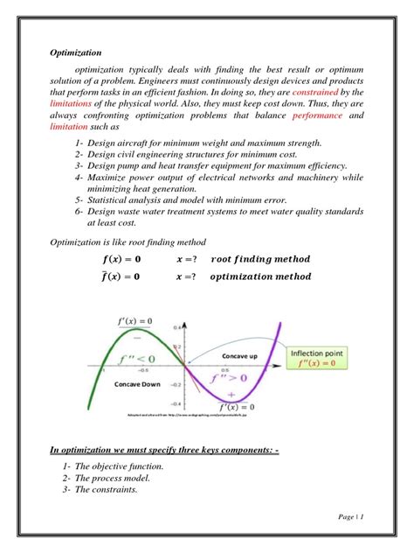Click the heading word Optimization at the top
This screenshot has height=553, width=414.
[73, 52]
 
